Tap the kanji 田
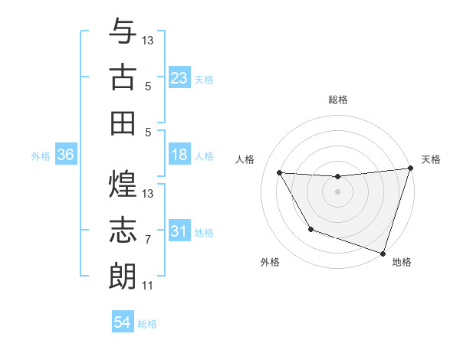[123, 123]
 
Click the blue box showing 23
[179, 77]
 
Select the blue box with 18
[179, 155]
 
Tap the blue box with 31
[179, 231]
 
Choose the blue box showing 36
[66, 155]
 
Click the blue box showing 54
[123, 322]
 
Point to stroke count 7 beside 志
[148, 240]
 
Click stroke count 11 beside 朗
[148, 286]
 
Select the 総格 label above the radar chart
[338, 100]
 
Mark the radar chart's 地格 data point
[383, 252]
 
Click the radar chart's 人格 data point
[280, 173]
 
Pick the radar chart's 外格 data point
[310, 229]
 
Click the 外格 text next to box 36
[41, 155]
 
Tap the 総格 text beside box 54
[147, 324]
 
